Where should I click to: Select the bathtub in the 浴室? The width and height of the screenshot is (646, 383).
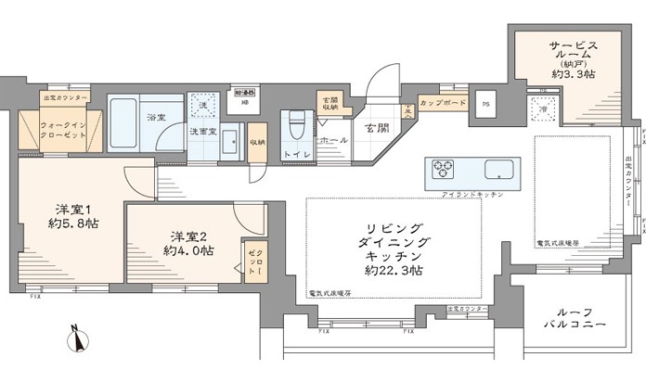[x=126, y=124]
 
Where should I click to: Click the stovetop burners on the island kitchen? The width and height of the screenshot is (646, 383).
[x=444, y=170]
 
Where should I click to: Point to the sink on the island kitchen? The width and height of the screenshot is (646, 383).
[x=495, y=171]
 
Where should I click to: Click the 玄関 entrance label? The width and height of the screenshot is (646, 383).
[x=375, y=128]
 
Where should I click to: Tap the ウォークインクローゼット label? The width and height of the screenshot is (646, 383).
[x=63, y=128]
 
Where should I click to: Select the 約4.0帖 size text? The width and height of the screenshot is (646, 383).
[x=187, y=250]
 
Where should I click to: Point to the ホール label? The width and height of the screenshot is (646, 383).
[x=331, y=140]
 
